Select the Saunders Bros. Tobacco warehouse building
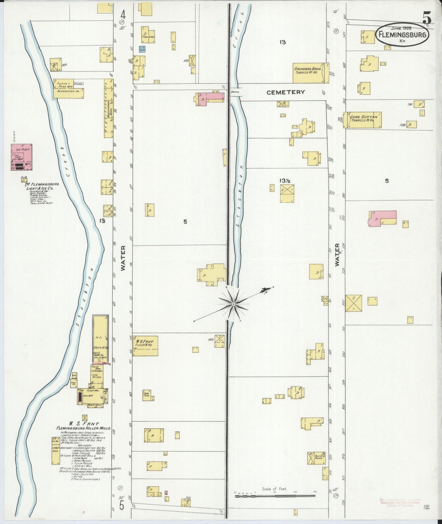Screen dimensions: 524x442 pyautogui.click(x=310, y=73)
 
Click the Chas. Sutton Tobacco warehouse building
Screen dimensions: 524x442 pyautogui.click(x=363, y=120)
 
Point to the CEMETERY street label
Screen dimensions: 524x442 pyautogui.click(x=285, y=92)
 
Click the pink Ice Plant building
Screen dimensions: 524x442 pyautogui.click(x=21, y=157)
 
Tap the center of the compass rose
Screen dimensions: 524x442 pyautogui.click(x=233, y=304)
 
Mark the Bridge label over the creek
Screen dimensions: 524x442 pyautogui.click(x=235, y=92)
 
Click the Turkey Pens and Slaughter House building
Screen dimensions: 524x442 pyautogui.click(x=68, y=89)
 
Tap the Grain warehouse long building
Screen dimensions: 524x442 pyautogui.click(x=101, y=339)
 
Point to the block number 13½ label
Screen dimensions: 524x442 pyautogui.click(x=284, y=180)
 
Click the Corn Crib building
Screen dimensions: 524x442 pyautogui.click(x=148, y=396)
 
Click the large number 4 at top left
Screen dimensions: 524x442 pyautogui.click(x=123, y=14)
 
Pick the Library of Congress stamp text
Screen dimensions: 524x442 pyautogui.click(x=399, y=503)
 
